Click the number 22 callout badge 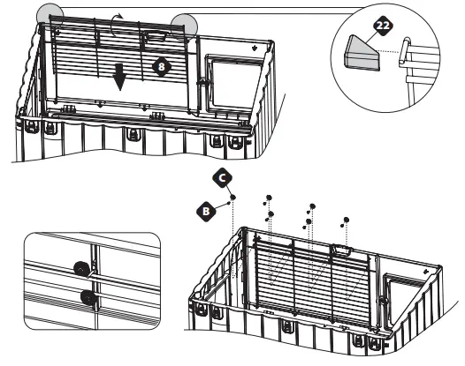point(381,27)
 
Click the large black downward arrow point(120,79)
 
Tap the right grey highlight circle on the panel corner point(185,25)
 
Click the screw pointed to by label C point(232,199)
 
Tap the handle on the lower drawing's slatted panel point(340,253)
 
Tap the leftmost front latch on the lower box point(214,310)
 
